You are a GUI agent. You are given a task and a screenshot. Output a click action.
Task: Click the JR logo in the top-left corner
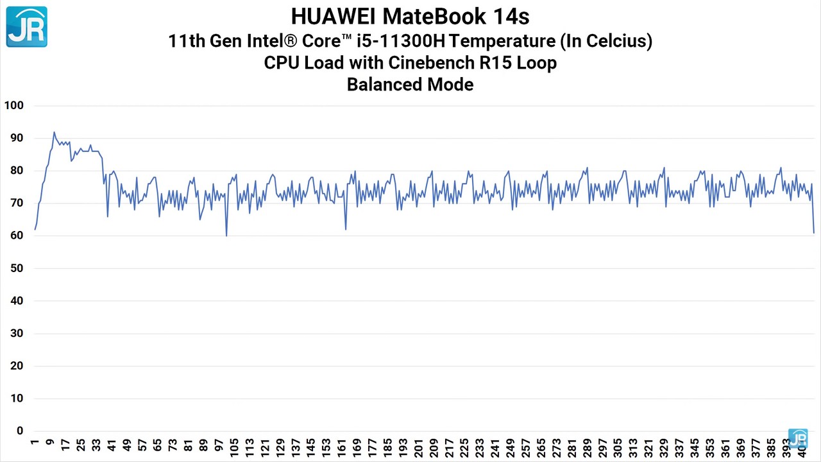pos(27,27)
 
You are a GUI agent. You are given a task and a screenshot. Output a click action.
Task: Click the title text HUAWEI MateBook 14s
pos(410,16)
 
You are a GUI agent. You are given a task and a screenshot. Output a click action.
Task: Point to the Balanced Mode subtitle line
pos(410,85)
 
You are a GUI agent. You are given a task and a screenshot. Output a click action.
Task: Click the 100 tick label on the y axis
pos(13,105)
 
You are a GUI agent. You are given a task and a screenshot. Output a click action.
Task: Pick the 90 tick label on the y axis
pos(15,138)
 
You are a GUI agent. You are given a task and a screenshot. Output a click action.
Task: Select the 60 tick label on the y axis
pos(15,235)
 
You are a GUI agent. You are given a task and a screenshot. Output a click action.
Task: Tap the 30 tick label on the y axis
pos(15,334)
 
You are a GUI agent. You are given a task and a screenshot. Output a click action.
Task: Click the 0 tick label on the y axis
pos(20,431)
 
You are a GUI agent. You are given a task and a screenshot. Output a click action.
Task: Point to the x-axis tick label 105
pos(234,447)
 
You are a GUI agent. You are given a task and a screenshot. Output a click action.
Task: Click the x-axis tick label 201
pos(419,447)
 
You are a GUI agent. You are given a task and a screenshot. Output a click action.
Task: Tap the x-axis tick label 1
pos(35,442)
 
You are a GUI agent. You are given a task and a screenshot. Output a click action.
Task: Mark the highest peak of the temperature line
pos(54,133)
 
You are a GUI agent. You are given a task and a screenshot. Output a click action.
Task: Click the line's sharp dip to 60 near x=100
pos(226,235)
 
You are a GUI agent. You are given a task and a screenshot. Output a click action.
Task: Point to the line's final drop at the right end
pos(813,232)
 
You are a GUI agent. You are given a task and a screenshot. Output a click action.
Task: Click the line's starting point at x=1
pos(35,229)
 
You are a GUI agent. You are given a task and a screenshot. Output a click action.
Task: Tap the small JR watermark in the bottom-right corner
pos(798,440)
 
